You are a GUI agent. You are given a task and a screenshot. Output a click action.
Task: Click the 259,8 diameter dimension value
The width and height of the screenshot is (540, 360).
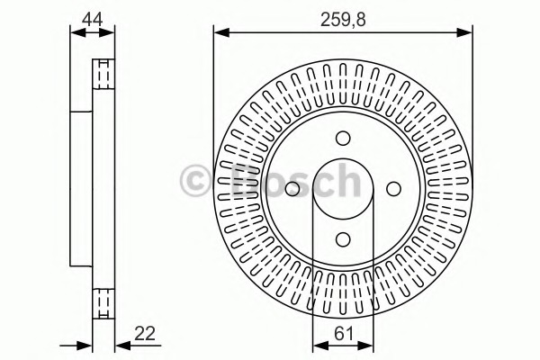point(343,20)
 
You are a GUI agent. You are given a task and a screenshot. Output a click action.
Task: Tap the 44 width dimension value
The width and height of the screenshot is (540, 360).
point(93,19)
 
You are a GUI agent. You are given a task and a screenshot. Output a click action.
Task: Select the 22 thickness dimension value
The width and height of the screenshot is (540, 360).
point(145,334)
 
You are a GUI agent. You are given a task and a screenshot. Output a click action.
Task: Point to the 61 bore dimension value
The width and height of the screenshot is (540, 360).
point(344,334)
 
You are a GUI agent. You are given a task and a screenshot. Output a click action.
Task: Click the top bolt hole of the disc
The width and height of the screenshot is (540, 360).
point(343,138)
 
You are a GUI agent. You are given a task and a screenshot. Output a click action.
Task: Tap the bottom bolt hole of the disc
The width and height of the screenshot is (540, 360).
point(343,239)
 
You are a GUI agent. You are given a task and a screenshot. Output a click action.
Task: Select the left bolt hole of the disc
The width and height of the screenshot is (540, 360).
point(292,189)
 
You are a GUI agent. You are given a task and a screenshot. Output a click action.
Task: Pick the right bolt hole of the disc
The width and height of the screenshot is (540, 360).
point(393,189)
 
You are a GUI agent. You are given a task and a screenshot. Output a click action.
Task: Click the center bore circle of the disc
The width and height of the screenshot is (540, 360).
point(343,159)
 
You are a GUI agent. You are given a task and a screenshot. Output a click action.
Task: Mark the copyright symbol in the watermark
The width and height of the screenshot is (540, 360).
point(195,181)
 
